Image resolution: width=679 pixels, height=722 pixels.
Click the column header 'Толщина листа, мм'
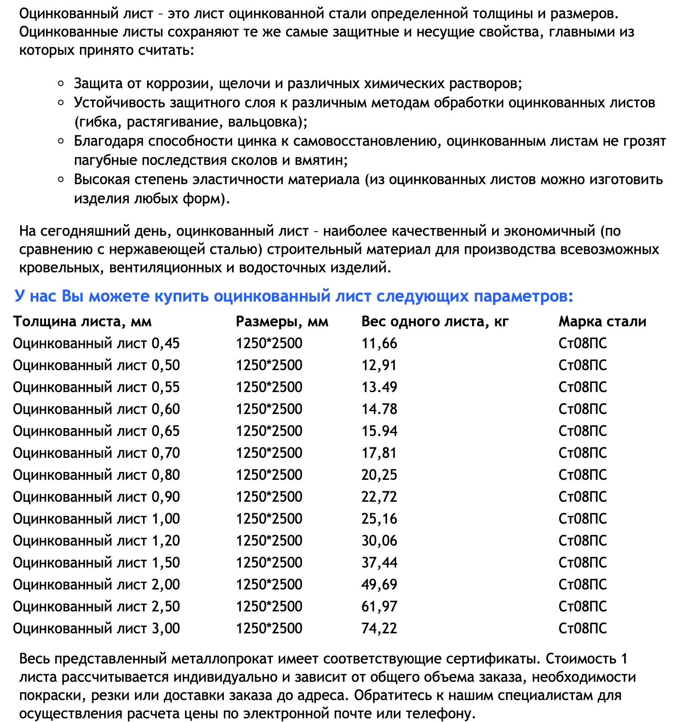coord(82,322)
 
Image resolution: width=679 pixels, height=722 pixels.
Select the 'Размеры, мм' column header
coord(282,322)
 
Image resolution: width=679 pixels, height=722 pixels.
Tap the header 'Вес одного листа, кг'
coord(435,322)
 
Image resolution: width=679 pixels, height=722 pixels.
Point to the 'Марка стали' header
coord(602,322)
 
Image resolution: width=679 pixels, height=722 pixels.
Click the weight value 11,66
coord(379,343)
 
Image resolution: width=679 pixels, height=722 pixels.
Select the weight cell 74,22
coord(379,628)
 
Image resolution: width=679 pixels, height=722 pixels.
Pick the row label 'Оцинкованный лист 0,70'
coord(96,453)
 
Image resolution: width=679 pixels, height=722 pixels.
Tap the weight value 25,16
coord(379,519)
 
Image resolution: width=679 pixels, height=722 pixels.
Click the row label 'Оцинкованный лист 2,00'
coord(96,584)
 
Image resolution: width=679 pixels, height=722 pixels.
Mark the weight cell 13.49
coord(379,387)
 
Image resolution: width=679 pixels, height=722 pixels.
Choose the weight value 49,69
coord(379,584)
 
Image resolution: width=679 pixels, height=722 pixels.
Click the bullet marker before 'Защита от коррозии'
coord(61,83)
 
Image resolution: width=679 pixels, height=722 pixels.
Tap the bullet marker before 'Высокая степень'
coord(61,179)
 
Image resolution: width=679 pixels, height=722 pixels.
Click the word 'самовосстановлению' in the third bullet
coord(367,141)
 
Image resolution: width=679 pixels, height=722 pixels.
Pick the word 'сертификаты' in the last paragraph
coord(491,659)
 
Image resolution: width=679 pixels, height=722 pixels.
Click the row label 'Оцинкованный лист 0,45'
coord(96,343)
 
